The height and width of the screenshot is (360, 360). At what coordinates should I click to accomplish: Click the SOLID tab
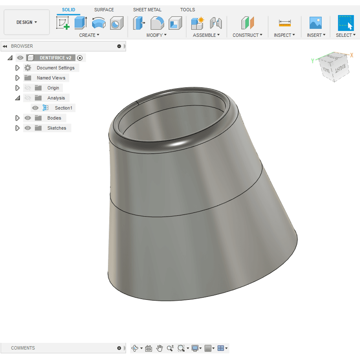pos(69,9)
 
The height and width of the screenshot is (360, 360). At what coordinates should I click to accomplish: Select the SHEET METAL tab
pos(147,9)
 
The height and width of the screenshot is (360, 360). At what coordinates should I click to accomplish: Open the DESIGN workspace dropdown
pos(27,22)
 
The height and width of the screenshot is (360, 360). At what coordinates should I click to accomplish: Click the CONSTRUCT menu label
pos(247,35)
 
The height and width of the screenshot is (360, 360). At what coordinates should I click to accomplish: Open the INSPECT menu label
pos(284,35)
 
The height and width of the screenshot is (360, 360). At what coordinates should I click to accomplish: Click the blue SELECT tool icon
pos(346,23)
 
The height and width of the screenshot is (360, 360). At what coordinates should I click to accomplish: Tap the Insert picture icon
pos(315,23)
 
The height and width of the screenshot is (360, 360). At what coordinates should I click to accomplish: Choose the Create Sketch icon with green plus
pos(63,23)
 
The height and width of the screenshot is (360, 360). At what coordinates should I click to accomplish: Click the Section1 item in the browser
pos(63,108)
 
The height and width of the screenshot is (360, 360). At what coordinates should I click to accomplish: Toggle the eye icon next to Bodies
pos(28,118)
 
